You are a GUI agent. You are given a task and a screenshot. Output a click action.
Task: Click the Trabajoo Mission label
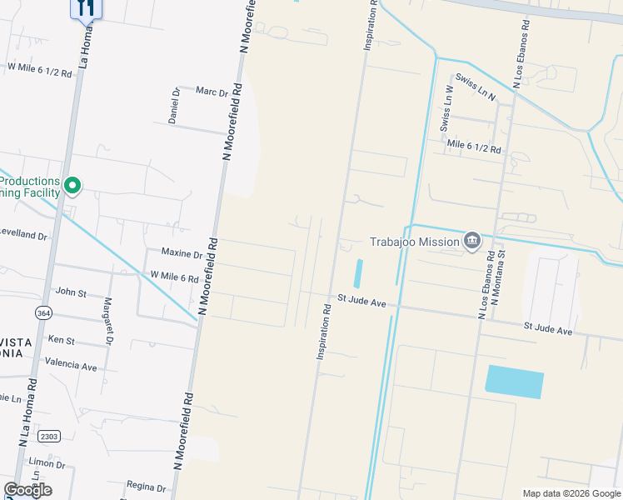(414, 242)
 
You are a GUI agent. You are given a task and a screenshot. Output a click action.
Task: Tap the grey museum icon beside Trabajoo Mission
(472, 242)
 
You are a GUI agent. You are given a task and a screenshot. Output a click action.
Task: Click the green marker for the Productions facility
(72, 185)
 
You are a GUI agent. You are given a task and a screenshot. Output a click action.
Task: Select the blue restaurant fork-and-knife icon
(85, 7)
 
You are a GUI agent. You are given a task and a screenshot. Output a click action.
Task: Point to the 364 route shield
(43, 312)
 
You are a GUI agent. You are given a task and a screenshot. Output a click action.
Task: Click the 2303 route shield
(49, 436)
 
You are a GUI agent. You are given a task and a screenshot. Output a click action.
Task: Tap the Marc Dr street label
(212, 92)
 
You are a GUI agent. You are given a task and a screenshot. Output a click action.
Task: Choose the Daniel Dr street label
(174, 107)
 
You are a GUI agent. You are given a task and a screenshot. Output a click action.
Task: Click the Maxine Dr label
(181, 252)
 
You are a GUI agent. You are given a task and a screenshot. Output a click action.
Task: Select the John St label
(70, 292)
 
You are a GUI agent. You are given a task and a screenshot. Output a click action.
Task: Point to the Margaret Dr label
(108, 322)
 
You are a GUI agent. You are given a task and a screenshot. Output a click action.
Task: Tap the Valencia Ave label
(71, 366)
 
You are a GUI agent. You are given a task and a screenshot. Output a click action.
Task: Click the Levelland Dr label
(22, 235)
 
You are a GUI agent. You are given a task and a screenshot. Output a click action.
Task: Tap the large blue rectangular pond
(514, 382)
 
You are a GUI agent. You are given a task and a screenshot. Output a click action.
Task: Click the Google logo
(27, 489)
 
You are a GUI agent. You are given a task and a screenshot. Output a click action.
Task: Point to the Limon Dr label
(41, 462)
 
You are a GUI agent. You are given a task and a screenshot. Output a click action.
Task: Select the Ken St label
(61, 340)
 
